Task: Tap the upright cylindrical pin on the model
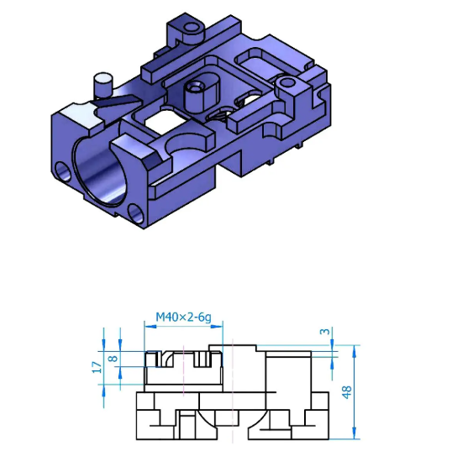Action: (x=102, y=84)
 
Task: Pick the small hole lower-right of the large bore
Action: (x=134, y=212)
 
